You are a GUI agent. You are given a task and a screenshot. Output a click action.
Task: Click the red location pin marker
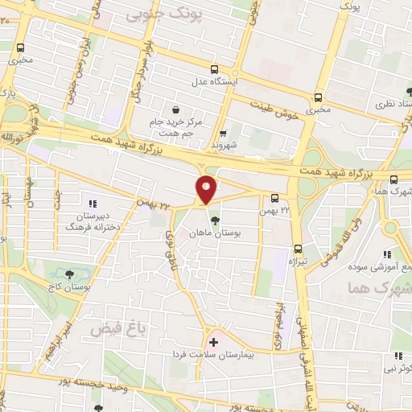tap(207, 188)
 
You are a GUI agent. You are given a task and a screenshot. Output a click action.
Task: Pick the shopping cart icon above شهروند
tap(223, 134)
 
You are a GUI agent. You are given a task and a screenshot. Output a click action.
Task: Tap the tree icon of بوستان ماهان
tap(214, 219)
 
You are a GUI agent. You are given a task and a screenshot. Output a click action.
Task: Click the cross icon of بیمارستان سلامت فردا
tap(213, 343)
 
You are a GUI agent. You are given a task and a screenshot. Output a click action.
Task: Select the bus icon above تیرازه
tap(298, 248)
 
